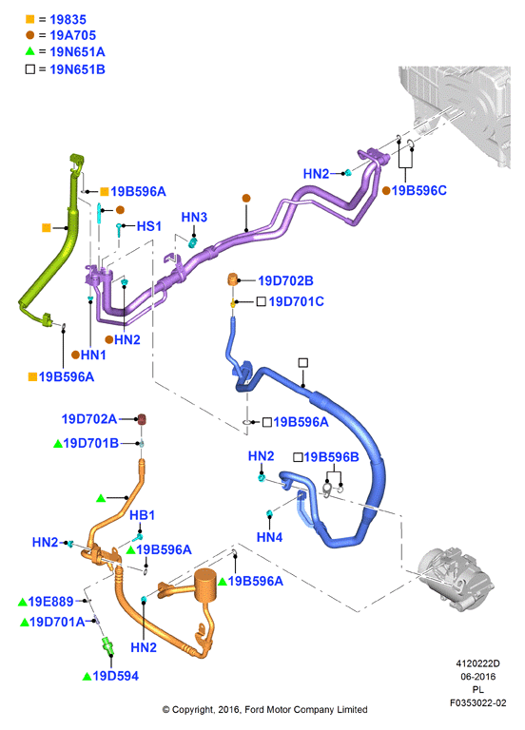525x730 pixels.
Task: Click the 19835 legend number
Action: click(x=68, y=20)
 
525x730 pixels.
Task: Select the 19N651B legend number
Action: click(x=77, y=69)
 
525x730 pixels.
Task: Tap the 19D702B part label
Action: click(x=285, y=280)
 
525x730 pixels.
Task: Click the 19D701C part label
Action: click(x=297, y=301)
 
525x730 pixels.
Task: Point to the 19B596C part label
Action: click(x=418, y=190)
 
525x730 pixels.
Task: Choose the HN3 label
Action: click(x=194, y=217)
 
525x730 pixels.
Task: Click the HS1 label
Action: click(x=149, y=226)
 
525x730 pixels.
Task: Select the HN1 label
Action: click(x=93, y=355)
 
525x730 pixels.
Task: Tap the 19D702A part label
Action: click(x=89, y=419)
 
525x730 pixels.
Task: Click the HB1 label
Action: click(x=142, y=515)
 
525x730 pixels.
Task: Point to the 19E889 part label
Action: click(x=50, y=602)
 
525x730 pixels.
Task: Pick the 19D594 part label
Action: click(x=115, y=676)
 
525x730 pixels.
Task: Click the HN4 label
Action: click(x=270, y=537)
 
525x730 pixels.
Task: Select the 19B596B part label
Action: click(x=331, y=457)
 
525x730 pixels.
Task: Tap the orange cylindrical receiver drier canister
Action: click(x=205, y=586)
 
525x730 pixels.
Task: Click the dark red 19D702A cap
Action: click(x=142, y=419)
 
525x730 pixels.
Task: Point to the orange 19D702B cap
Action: click(x=233, y=279)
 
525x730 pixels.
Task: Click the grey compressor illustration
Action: click(x=456, y=578)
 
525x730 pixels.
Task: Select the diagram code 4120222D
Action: click(x=478, y=663)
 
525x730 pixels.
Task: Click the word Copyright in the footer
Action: click(x=192, y=710)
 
